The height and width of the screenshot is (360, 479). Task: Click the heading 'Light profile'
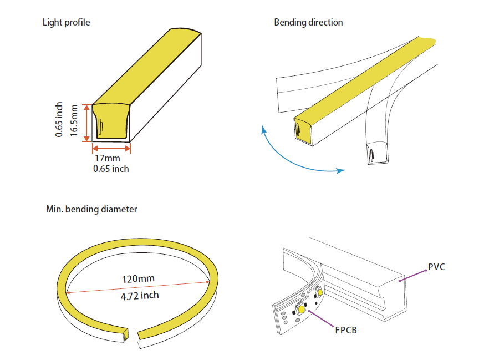(x=66, y=23)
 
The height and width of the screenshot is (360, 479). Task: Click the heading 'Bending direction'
(x=308, y=23)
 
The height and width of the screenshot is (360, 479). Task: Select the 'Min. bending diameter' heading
(x=91, y=210)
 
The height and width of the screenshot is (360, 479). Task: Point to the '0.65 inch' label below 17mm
(x=111, y=168)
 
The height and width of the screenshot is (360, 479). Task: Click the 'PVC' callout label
(x=437, y=267)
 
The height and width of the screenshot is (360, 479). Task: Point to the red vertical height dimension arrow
(x=86, y=122)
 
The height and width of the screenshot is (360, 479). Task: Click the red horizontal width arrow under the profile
(x=111, y=148)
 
